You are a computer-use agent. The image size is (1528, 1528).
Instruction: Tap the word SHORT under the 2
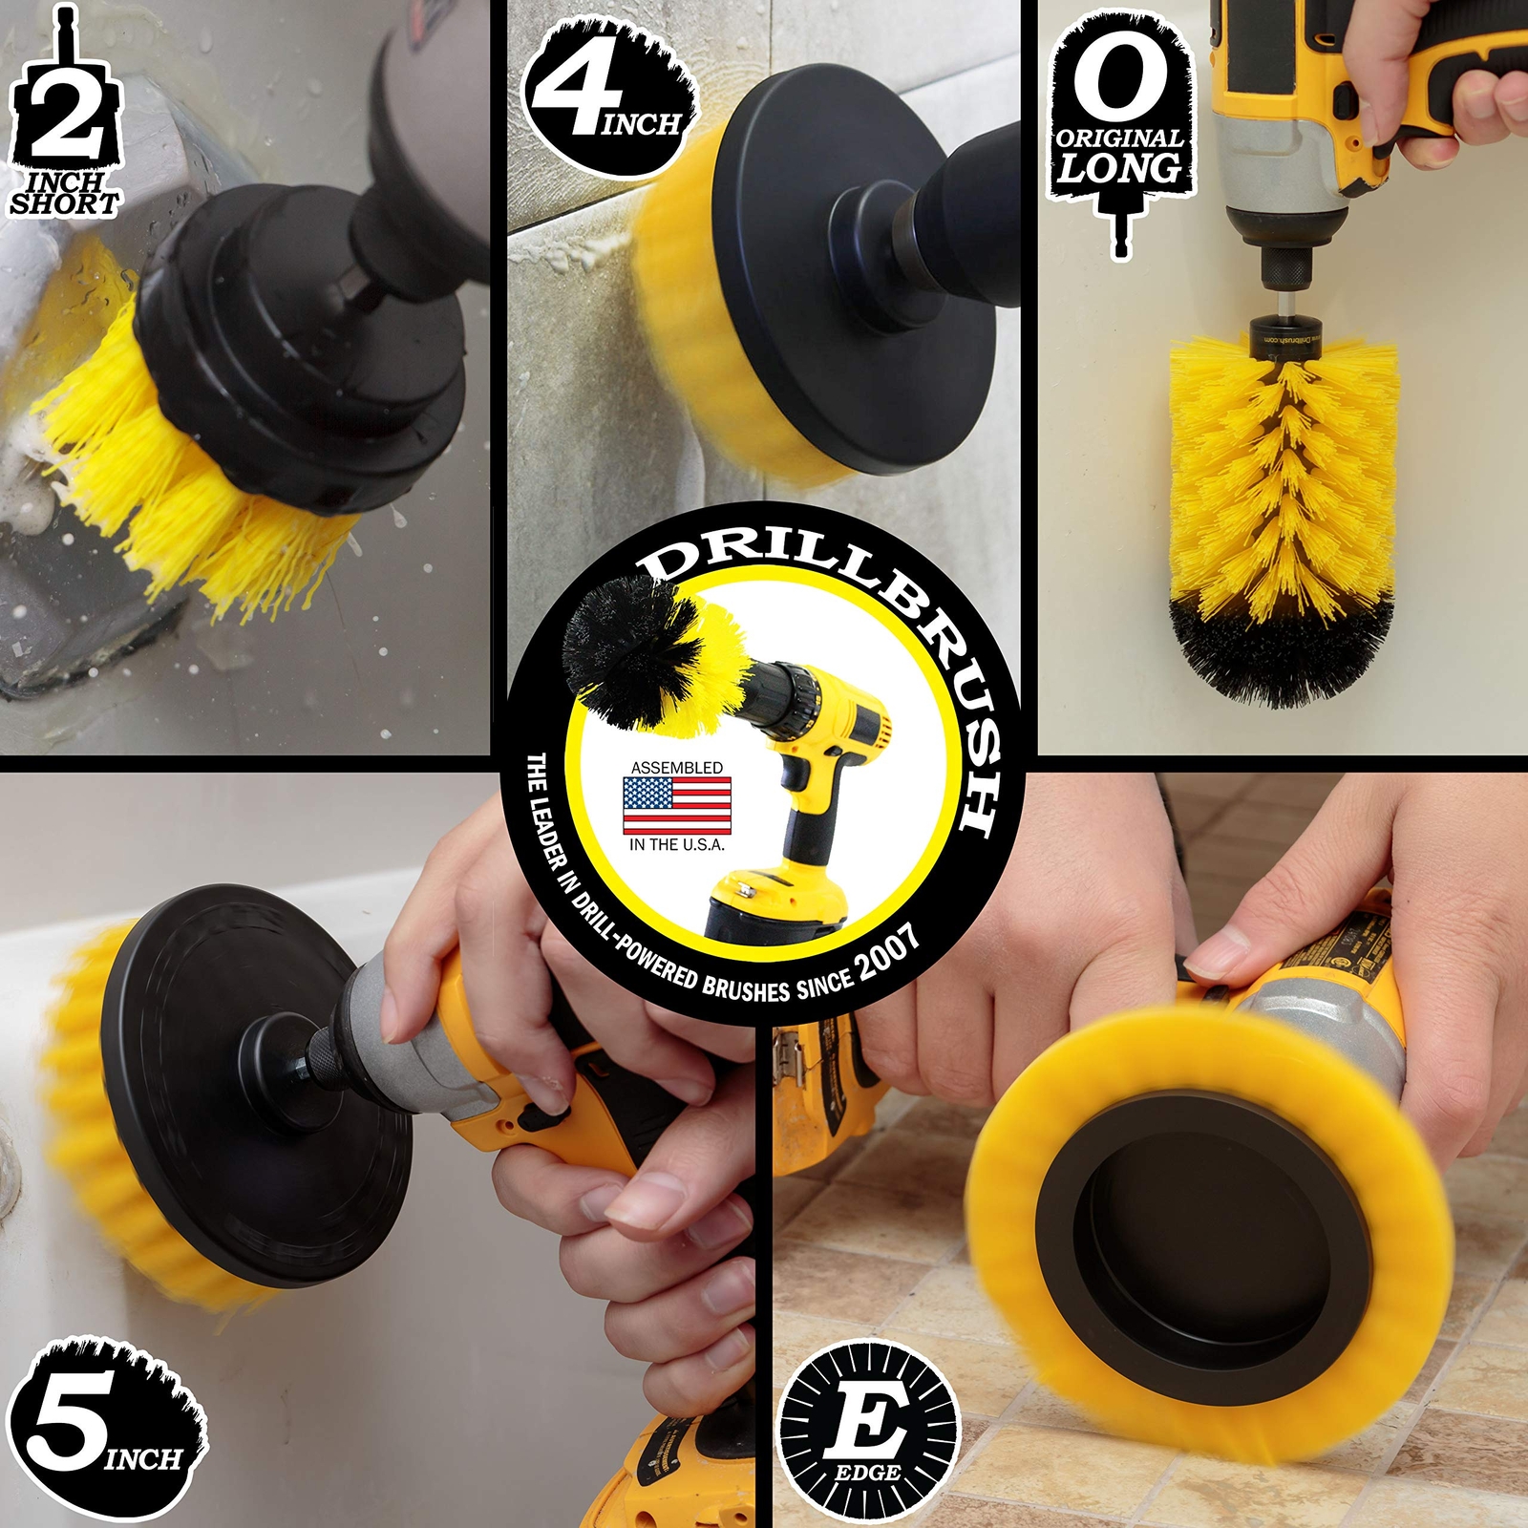coord(64,203)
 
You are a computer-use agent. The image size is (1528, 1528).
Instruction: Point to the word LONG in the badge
coord(1119,169)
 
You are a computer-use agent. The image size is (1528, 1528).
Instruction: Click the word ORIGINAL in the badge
coord(1119,138)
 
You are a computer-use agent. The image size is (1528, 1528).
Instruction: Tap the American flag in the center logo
coord(676,805)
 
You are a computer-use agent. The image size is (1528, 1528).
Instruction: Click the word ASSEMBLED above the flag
coord(676,768)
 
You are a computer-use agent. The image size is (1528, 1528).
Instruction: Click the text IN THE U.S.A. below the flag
coord(676,844)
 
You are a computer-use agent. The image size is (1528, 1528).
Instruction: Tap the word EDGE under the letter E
coord(867,1473)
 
